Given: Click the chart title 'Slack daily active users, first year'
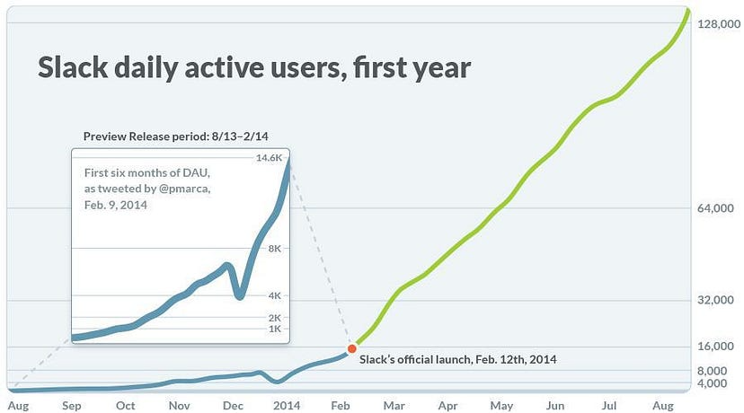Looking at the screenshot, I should pyautogui.click(x=254, y=68).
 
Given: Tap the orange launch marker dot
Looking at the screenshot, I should pyautogui.click(x=351, y=348).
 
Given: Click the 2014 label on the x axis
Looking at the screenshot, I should pyautogui.click(x=286, y=405).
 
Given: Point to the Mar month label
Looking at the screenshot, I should pyautogui.click(x=394, y=405).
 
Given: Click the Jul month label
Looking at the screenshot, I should pyautogui.click(x=608, y=405).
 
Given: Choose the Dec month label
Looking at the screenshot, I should pyautogui.click(x=232, y=405).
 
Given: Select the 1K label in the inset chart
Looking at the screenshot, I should pyautogui.click(x=274, y=330).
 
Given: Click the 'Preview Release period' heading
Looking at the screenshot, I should pyautogui.click(x=176, y=136).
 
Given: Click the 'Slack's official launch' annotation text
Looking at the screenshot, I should pyautogui.click(x=457, y=359).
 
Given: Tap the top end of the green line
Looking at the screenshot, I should pyautogui.click(x=687, y=11).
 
